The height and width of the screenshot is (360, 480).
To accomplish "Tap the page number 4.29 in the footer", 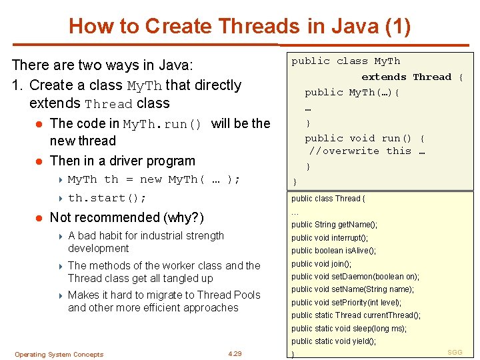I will tap(234, 354).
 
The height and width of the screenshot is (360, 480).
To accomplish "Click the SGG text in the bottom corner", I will tap(455, 352).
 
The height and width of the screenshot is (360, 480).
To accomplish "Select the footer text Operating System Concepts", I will tap(59, 355).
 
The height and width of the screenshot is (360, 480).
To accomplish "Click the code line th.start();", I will tap(107, 198).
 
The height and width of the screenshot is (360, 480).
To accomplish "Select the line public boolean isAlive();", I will tap(333, 251).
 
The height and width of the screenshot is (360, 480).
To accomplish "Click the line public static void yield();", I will tap(333, 341).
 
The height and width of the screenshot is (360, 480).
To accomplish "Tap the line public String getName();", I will tap(334, 225).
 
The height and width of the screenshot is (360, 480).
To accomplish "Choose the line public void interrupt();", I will tap(329, 238).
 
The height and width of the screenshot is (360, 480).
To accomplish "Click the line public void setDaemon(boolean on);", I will tap(355, 277).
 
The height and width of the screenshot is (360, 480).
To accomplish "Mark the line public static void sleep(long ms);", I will tap(349, 329).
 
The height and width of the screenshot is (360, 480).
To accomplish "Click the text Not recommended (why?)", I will tap(127, 217).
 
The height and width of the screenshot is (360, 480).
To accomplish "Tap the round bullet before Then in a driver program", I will tap(41, 161).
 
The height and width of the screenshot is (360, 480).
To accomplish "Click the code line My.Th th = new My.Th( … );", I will tap(153, 179).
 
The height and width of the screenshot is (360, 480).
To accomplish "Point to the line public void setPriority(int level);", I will tap(346, 303).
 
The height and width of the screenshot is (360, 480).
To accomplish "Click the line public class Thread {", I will tap(328, 199).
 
